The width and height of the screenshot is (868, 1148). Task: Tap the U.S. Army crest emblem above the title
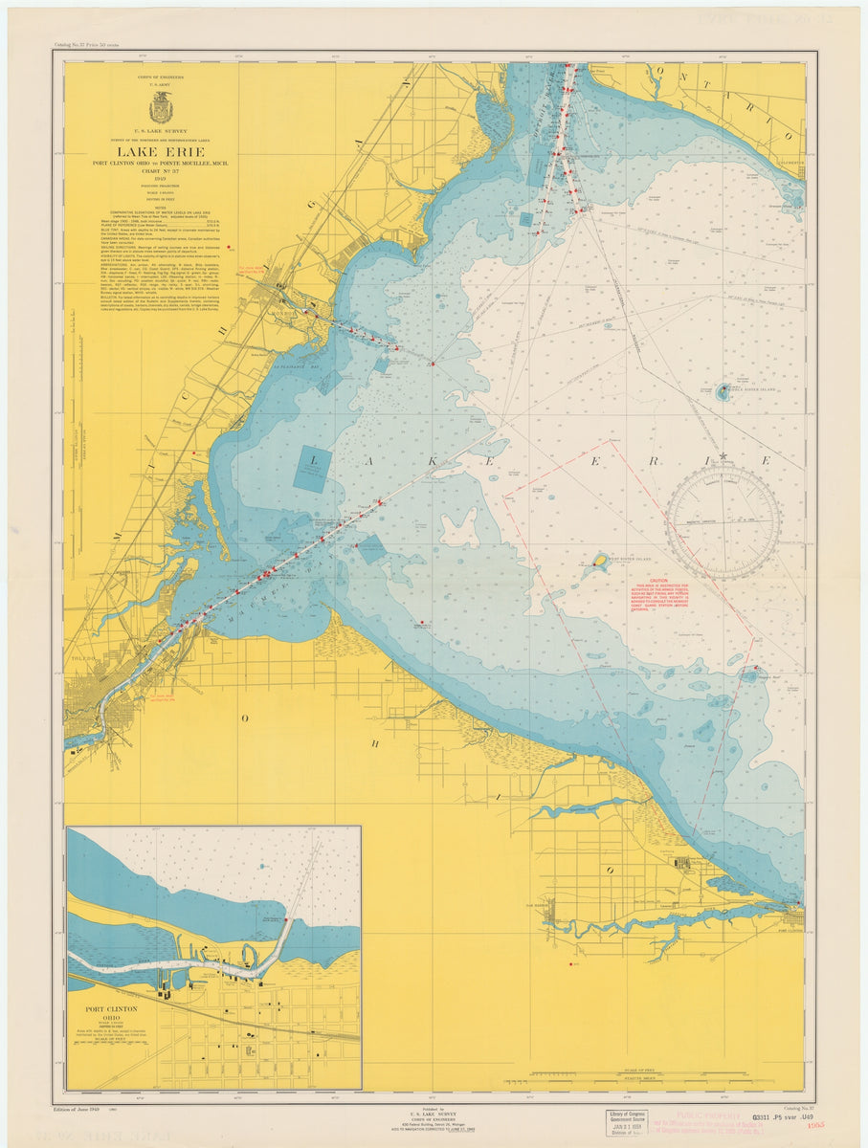[x=160, y=106]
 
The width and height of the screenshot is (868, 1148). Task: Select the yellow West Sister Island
[x=600, y=562]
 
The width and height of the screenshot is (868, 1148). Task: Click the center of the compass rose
[x=723, y=521]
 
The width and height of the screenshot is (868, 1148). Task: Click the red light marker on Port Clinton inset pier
[x=287, y=920]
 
